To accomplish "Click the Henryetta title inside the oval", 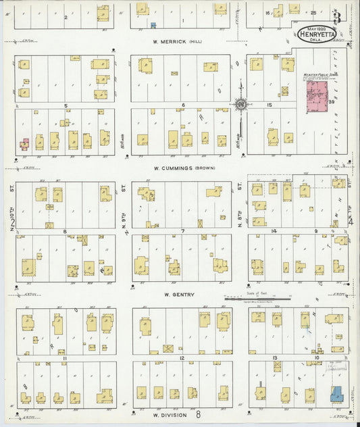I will tap(315, 35).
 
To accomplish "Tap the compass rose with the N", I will tap(239, 104).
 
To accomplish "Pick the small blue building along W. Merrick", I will tap(153, 25).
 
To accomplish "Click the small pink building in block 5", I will tap(24, 144).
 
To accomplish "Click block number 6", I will tap(182, 105).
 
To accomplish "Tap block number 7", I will tap(183, 231).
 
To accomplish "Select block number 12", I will tap(182, 357).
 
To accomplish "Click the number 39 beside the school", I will tap(332, 102).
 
